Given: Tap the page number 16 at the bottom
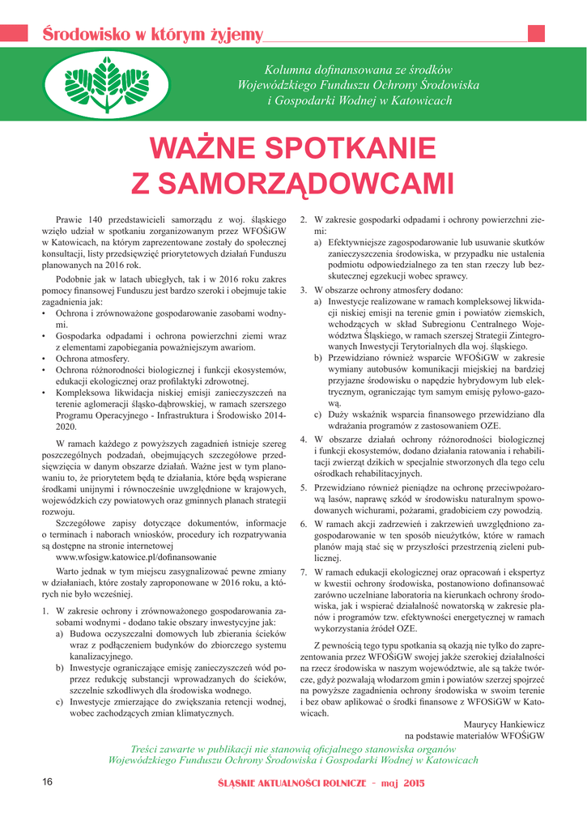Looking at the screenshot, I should click(x=47, y=783).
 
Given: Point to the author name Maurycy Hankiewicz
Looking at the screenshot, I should click(x=504, y=725).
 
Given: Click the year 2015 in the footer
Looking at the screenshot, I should click(x=413, y=784).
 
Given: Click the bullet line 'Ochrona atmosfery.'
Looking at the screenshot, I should click(x=91, y=358).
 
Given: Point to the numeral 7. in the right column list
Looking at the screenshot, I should click(x=304, y=572).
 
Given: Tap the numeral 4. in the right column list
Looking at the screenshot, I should click(x=304, y=440).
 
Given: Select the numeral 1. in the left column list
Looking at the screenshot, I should click(x=45, y=610).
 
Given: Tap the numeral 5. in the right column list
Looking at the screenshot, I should click(x=304, y=488).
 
